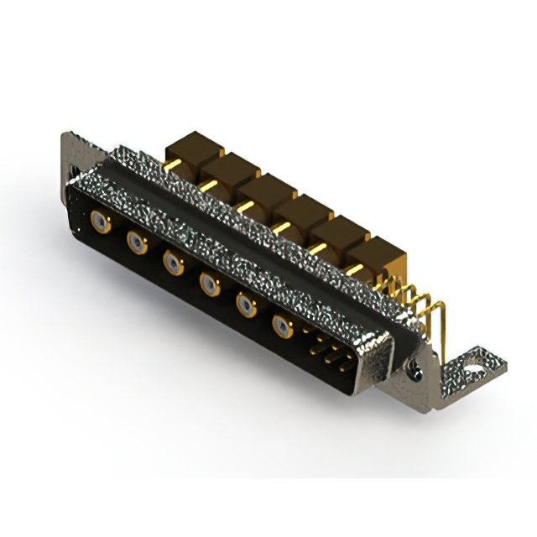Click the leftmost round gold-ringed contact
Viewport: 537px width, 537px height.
coord(101,222)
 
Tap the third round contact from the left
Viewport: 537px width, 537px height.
coord(174,264)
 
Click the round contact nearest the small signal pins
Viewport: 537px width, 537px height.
coord(282,326)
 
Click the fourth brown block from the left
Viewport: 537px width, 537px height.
coord(300,211)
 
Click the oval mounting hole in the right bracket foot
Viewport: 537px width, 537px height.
coord(473,366)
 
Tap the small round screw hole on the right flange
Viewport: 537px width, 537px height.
coord(414,366)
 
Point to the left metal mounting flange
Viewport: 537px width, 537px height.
coord(70,159)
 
